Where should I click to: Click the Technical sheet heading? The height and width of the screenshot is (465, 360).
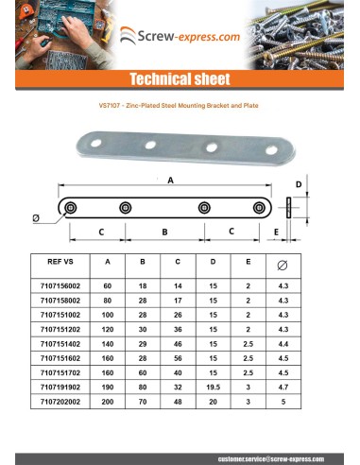click(180, 78)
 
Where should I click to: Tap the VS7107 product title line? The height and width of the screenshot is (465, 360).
click(179, 106)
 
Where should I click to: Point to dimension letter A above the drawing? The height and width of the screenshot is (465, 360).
click(169, 180)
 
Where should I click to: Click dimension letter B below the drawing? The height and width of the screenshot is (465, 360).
click(164, 231)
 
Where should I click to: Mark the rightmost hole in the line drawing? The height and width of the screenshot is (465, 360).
click(256, 208)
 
